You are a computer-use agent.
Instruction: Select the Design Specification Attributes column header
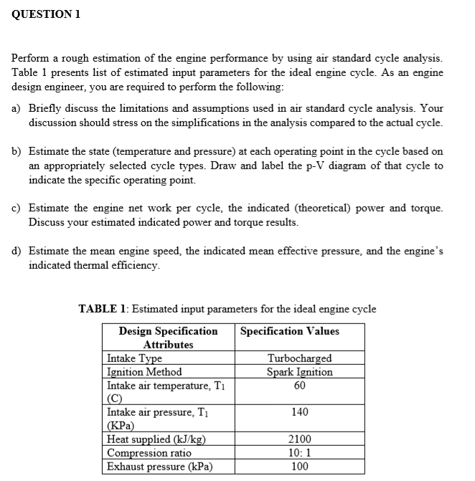pos(168,338)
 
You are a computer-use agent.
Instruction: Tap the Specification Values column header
pos(290,331)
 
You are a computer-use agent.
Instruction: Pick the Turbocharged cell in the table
pos(299,358)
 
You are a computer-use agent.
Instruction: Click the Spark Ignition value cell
pos(299,372)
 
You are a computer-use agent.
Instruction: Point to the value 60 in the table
pos(300,386)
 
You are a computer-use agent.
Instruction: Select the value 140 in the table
pos(300,413)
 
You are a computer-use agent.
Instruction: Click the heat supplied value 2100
pos(300,440)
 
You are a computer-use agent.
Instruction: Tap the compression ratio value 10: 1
pos(300,453)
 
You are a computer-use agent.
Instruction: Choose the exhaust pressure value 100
pos(300,467)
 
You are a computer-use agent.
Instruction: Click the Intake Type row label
pos(134,358)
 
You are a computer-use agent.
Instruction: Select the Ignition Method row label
pos(144,372)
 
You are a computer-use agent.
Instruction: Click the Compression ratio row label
pos(149,453)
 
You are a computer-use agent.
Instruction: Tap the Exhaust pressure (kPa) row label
pos(159,467)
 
